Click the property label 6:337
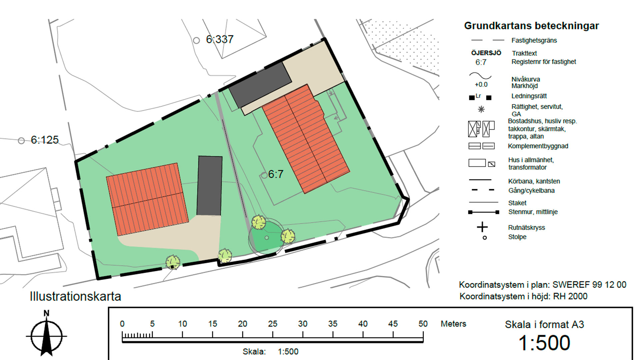coord(220,39)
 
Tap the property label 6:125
coord(45,140)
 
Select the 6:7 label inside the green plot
coord(276,174)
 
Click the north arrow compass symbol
coord(46,335)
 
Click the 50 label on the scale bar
coord(423,324)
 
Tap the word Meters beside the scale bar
coord(453,324)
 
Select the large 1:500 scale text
coord(544,343)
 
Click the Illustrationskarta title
coord(75,296)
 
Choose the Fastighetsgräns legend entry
coord(534,40)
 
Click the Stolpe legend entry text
coord(517,237)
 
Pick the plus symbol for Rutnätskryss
coord(482,227)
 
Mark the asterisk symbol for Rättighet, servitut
coord(481,109)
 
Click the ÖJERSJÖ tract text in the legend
coord(486,53)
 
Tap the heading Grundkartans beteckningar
coord(531,26)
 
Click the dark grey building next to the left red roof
coord(210,186)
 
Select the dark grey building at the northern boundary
coord(260,84)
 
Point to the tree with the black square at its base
coord(173,262)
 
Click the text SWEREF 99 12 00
coord(589,285)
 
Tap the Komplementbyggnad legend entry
coord(538,146)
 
